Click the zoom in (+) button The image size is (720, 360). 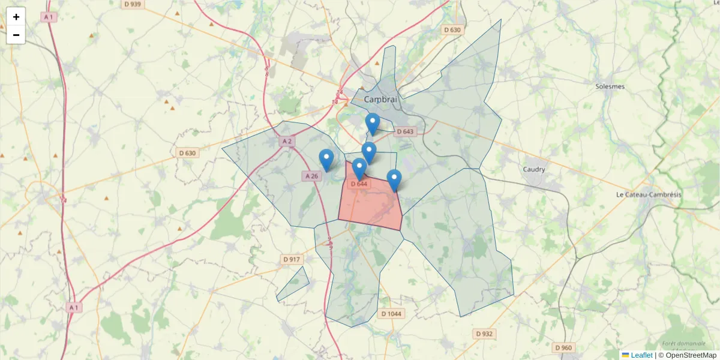coord(16,17)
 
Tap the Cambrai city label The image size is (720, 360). coord(381,100)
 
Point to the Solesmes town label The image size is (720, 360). coord(610,86)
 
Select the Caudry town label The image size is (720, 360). coord(533,169)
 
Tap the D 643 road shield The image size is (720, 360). coord(405,131)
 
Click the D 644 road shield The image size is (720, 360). coord(358,184)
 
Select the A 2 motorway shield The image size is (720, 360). coord(287,142)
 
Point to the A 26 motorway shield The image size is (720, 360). coord(311,176)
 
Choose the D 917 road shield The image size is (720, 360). coord(292,259)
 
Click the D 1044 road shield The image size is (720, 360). coord(391,314)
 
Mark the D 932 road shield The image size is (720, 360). coord(484,334)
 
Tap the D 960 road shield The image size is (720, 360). coord(563,347)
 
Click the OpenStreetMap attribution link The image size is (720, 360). coord(691,355)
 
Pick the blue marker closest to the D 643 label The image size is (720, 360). coord(373,124)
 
